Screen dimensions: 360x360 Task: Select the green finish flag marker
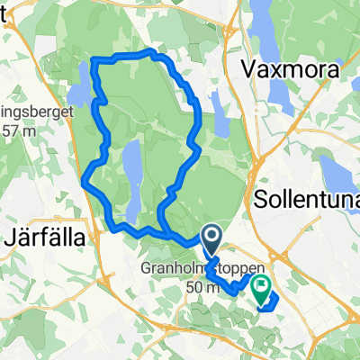click(261, 288)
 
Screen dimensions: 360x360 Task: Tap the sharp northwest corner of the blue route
click(94, 61)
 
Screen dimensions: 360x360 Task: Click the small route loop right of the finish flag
click(271, 301)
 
